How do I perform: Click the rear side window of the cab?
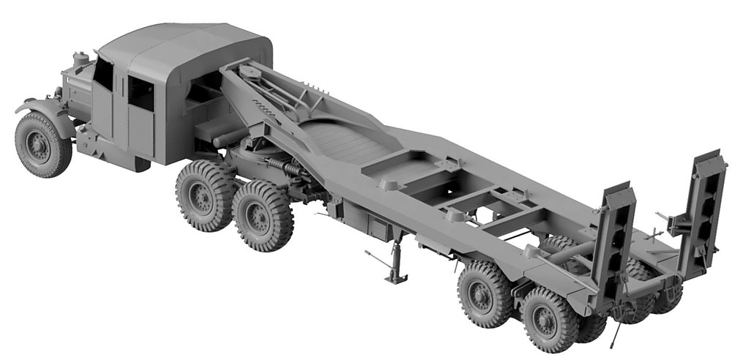coord(141,94)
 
